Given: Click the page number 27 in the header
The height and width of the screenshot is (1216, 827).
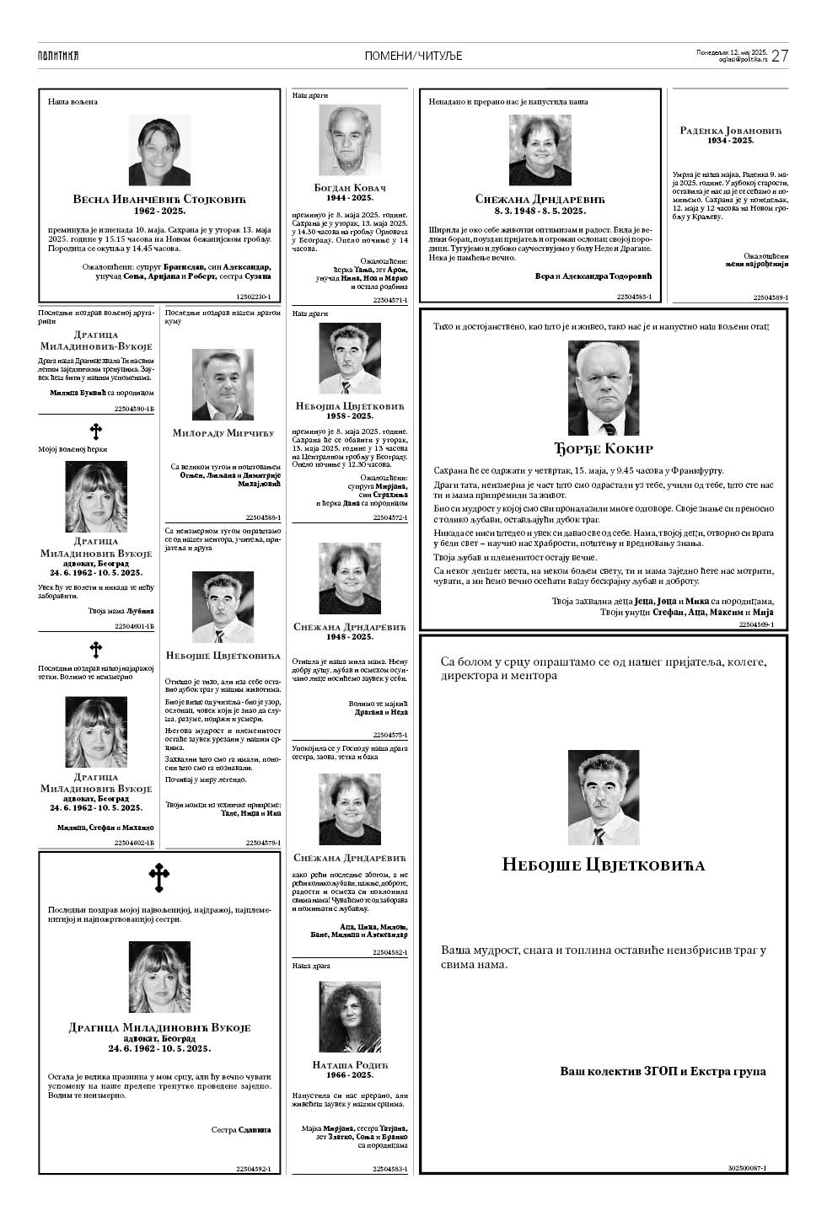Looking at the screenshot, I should click(780, 56).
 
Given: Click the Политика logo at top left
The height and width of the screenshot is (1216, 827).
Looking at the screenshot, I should click(58, 56).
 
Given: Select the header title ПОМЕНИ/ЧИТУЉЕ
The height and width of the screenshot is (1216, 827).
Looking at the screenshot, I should click(413, 56).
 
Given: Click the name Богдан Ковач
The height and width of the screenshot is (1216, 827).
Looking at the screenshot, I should click(349, 187).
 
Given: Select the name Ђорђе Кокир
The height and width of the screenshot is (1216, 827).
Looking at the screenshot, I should click(603, 448).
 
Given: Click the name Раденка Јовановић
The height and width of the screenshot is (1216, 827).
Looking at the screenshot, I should click(730, 131).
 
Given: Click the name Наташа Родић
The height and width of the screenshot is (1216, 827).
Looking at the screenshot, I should click(349, 1065).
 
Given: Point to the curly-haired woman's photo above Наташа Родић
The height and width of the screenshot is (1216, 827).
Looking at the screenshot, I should click(349, 1015).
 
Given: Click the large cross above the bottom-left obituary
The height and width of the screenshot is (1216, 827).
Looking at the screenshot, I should click(158, 878).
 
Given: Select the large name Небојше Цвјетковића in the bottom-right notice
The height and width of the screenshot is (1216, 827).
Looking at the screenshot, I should click(603, 865).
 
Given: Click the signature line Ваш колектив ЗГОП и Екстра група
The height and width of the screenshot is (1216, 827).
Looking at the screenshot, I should click(663, 1071).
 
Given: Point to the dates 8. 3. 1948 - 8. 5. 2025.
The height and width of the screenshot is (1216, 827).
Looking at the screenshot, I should click(540, 210).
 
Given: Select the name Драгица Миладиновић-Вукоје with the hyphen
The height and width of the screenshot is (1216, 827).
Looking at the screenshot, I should click(96, 340).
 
